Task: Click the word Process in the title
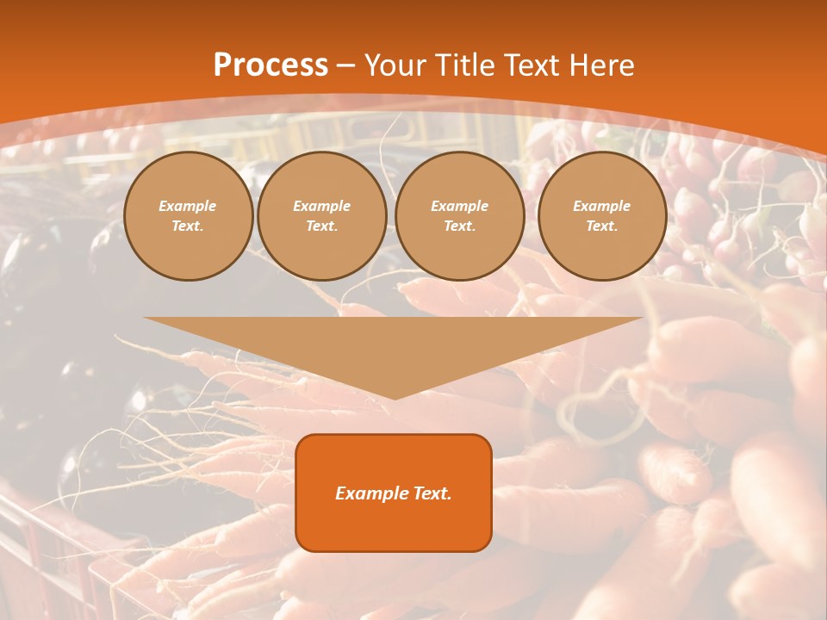pos(270,65)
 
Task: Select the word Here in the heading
pos(602,65)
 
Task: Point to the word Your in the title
pos(395,65)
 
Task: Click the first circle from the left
pos(188,216)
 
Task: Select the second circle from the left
pos(322,216)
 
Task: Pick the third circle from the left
pos(460,216)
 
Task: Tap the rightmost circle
pos(602,216)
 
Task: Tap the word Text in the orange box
pos(432,493)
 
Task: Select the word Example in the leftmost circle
pos(188,207)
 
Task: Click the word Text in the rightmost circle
pos(602,226)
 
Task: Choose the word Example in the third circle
pos(460,207)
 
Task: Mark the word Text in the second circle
pos(322,226)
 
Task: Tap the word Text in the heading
pos(532,65)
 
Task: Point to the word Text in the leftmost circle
pos(188,226)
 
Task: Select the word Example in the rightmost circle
pos(602,207)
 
